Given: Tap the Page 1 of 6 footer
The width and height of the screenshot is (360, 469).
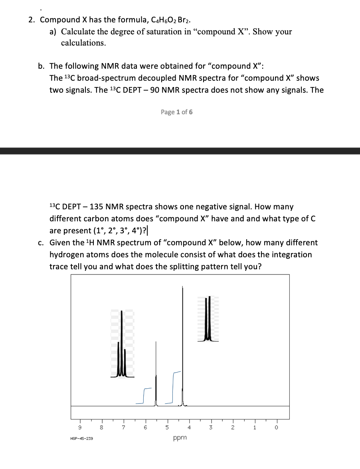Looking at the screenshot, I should [177, 112].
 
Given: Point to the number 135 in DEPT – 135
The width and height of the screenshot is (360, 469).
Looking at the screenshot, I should [98, 207].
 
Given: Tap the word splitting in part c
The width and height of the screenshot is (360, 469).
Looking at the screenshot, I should [194, 266].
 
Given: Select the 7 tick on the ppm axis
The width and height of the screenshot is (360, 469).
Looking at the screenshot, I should [124, 427].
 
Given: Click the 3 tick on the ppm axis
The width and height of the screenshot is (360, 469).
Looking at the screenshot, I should [211, 427].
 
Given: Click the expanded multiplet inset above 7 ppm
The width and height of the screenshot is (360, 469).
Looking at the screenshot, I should [122, 344].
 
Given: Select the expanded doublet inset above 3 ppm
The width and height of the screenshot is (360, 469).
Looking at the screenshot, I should [208, 319].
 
